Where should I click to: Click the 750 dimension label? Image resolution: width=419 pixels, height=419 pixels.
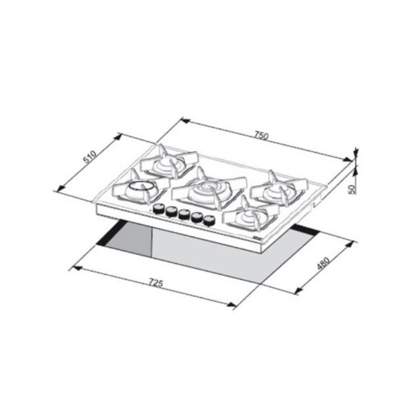[261, 135]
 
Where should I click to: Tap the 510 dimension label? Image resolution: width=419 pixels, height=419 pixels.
[90, 157]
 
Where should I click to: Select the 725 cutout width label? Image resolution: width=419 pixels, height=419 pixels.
[156, 283]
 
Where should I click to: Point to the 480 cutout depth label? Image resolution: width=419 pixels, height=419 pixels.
[323, 263]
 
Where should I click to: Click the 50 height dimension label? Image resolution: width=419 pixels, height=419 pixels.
[352, 189]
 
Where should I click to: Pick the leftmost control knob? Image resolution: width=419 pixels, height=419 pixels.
[159, 208]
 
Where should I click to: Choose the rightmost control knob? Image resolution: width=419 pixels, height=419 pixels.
[209, 220]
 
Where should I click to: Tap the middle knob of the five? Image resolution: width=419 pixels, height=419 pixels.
[184, 215]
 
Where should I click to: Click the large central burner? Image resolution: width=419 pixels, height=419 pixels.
[209, 190]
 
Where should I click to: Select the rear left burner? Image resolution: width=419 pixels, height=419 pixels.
[169, 162]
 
